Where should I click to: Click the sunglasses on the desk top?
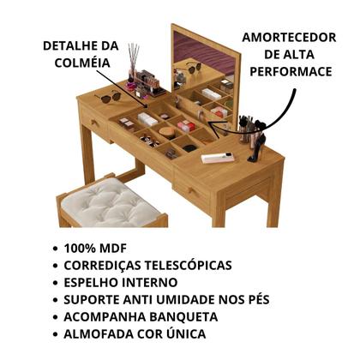pyautogui.click(x=109, y=97)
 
